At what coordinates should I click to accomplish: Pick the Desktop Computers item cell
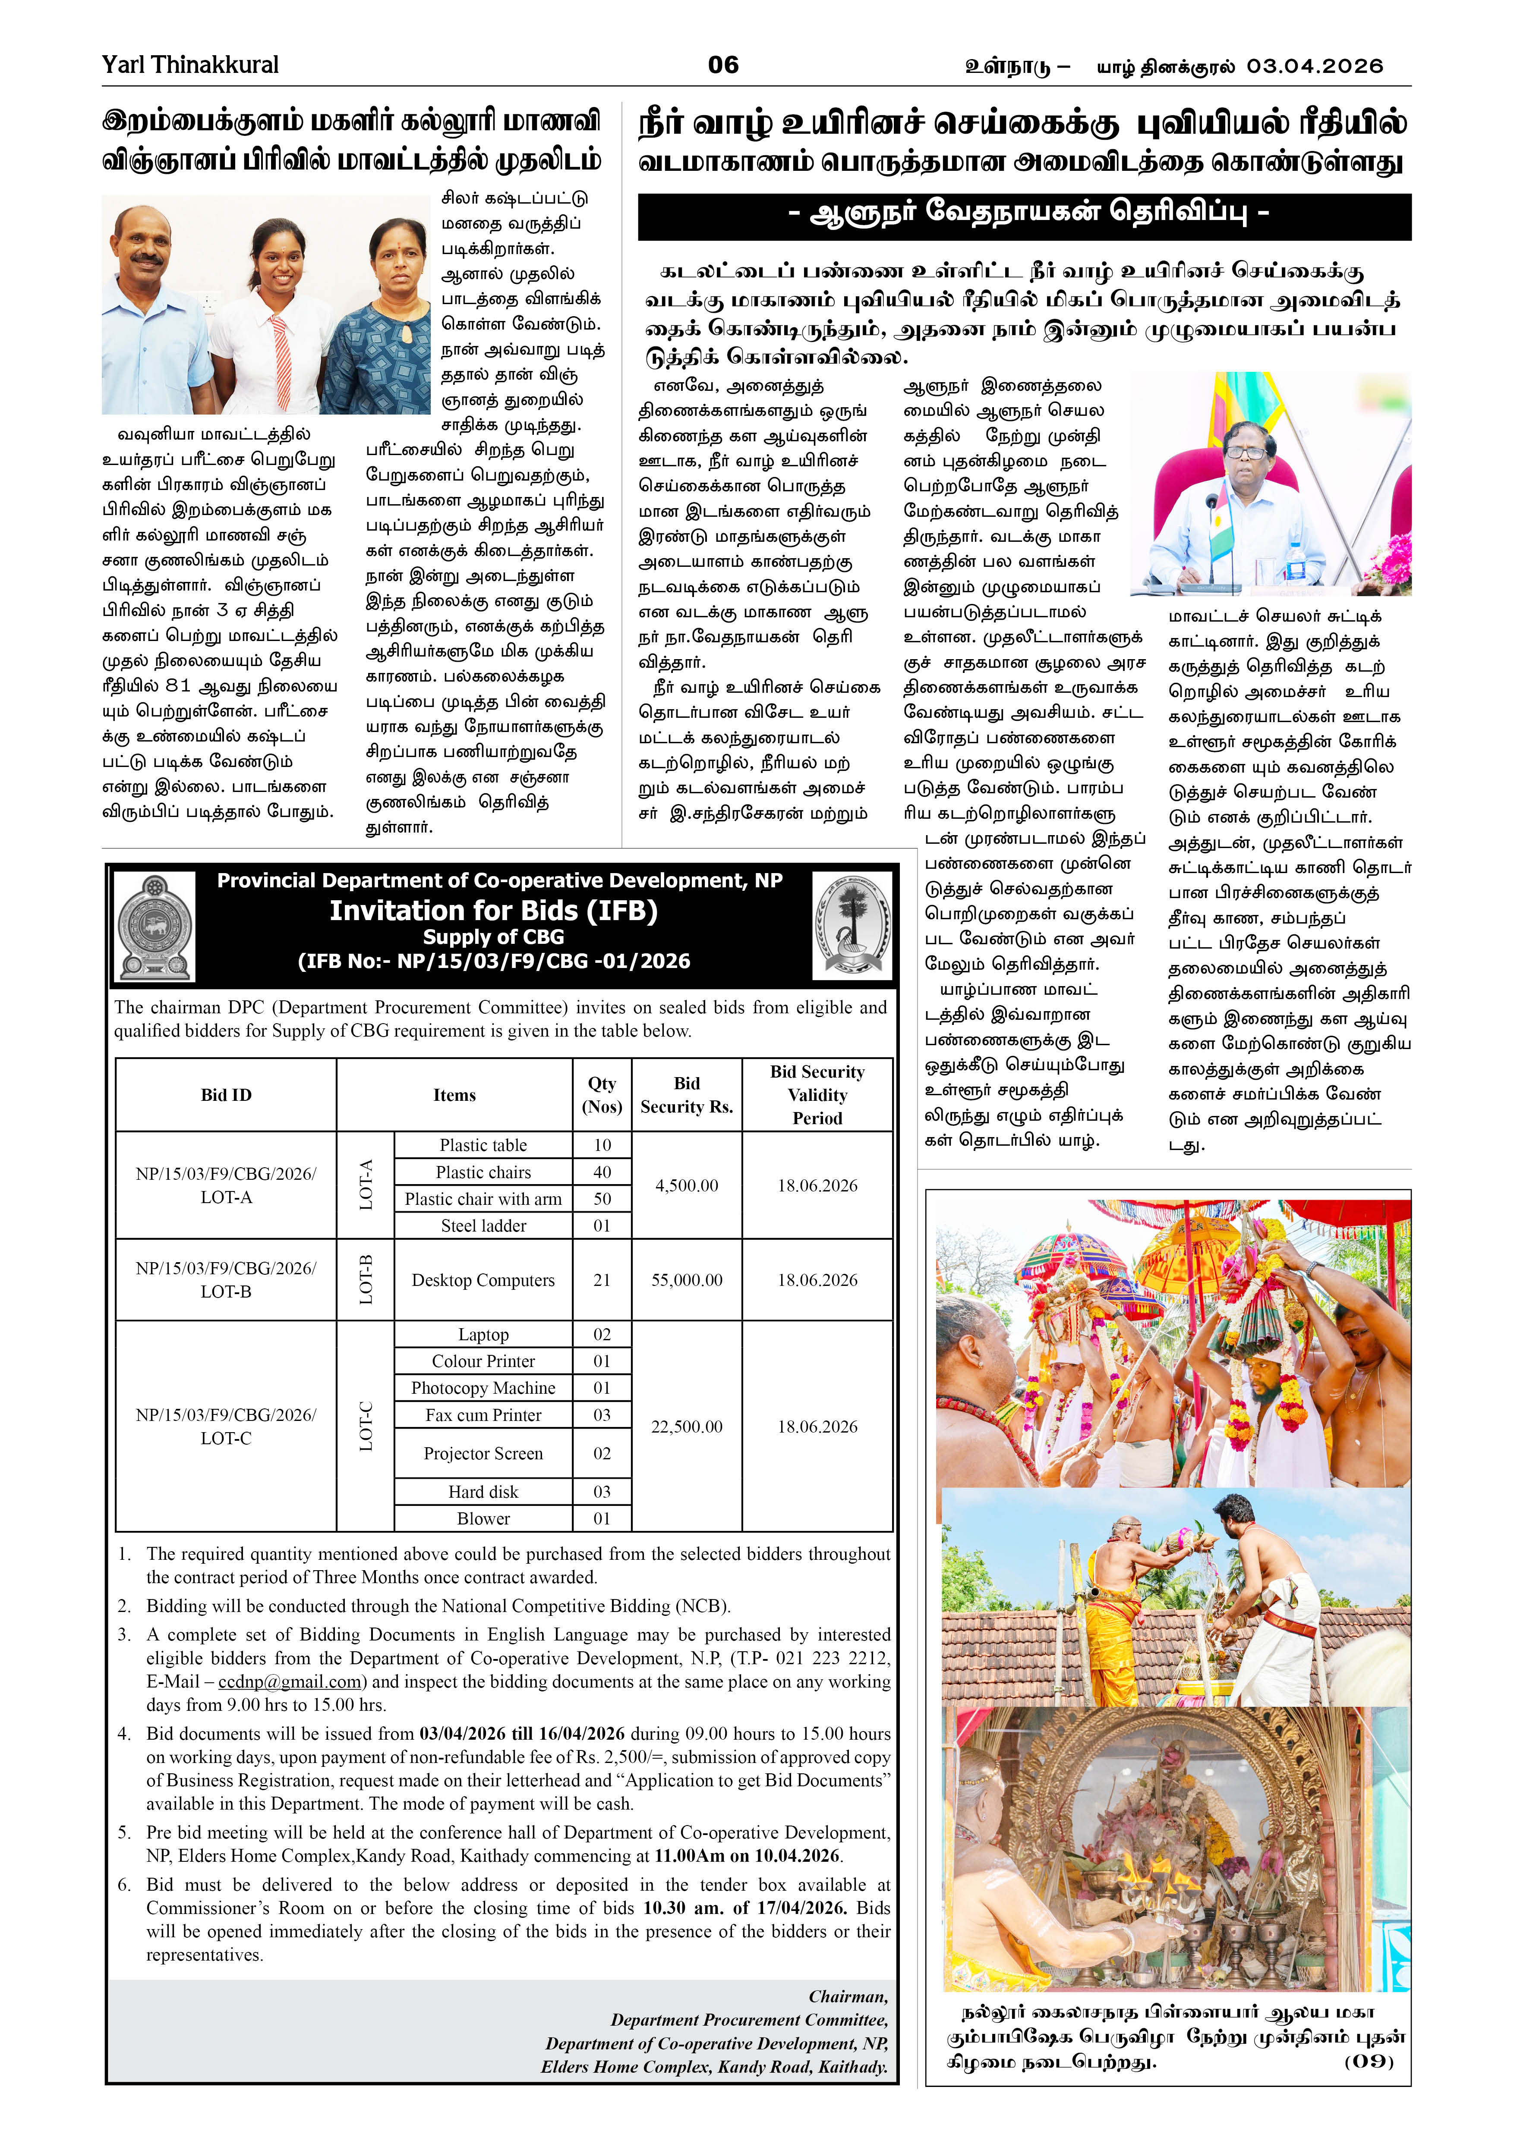(x=483, y=1280)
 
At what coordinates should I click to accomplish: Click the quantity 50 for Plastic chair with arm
(x=602, y=1199)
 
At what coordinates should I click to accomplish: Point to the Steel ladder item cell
(x=483, y=1226)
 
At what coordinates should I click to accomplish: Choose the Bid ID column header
(x=226, y=1095)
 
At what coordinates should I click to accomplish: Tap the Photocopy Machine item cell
(x=483, y=1388)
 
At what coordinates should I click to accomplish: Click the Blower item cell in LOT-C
(x=483, y=1518)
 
